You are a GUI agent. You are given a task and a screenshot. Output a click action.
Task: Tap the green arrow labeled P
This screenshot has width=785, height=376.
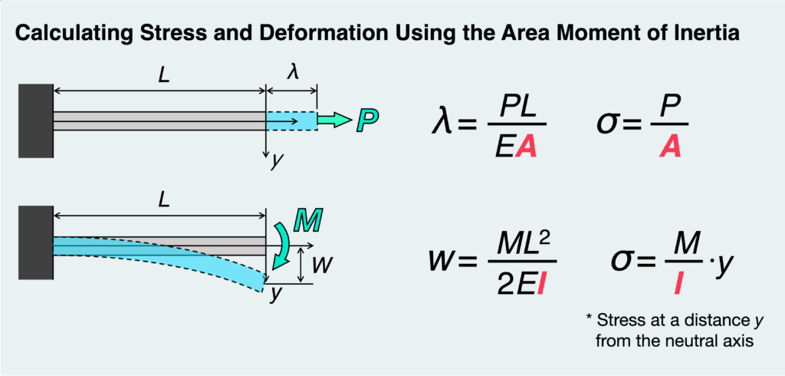pos(333,120)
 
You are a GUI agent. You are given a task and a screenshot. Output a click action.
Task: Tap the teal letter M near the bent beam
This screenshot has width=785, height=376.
pos(307,223)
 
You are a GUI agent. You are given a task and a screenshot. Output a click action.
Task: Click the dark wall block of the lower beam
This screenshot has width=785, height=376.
pos(35,244)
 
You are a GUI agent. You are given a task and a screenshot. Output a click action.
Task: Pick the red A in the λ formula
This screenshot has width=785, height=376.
pos(525,147)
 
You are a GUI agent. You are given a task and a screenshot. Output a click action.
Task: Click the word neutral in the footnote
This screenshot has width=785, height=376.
pos(673,340)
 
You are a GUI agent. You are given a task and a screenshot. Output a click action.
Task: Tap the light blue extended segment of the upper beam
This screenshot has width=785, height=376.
pos(291,120)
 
